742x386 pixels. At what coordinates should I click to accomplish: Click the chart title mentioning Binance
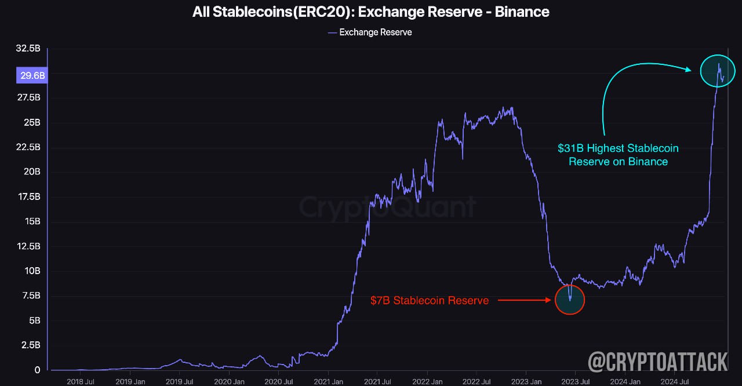tap(370, 12)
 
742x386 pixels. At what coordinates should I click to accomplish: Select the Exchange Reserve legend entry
tap(370, 32)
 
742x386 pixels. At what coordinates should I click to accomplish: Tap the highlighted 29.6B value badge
tap(32, 75)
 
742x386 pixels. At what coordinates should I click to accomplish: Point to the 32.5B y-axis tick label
tap(28, 48)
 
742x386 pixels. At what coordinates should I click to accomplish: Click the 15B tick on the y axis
tap(32, 221)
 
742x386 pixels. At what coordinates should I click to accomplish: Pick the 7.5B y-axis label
tap(31, 295)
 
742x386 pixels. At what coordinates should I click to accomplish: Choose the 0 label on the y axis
tap(38, 370)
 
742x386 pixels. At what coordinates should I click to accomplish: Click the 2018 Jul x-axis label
tap(81, 381)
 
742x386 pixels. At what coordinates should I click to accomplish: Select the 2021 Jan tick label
tap(328, 381)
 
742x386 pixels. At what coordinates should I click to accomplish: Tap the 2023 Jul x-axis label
tap(576, 381)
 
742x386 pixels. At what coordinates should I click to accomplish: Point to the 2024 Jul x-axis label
tap(675, 381)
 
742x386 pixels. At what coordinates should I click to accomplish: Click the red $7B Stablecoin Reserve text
tap(430, 300)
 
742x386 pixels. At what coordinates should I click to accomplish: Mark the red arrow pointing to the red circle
tap(525, 300)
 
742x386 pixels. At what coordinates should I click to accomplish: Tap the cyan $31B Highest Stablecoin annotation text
tap(618, 155)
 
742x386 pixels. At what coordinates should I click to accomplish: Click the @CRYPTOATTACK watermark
tap(658, 362)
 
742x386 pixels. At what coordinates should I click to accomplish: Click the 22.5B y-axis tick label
tap(28, 147)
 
